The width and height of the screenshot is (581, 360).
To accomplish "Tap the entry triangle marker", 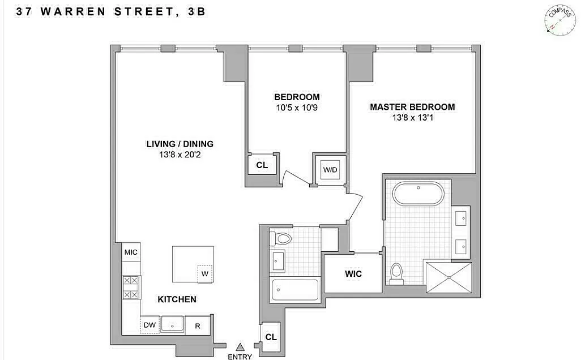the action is coord(241,347).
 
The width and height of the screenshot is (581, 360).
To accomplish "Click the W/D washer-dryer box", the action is coord(330,170).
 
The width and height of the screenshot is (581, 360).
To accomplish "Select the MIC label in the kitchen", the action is coord(131,252).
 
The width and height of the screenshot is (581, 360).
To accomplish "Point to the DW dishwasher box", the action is coord(149,325).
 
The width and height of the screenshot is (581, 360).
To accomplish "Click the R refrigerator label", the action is coord(198,326).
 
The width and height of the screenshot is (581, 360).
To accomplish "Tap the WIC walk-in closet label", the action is coord(353,274).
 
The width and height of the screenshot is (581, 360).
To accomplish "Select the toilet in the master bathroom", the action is coord(397,274).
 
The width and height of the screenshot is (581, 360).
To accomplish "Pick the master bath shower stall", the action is coord(448,277).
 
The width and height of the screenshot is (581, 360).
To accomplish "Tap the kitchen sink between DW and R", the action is coord(172,324).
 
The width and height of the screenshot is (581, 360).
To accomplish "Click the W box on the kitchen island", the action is coord(205,274).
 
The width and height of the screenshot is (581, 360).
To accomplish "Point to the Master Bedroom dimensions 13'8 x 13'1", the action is coord(412,118).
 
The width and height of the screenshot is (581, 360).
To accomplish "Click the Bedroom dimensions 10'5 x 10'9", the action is coord(297,108).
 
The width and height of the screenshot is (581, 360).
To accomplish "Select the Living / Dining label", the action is coord(180,144).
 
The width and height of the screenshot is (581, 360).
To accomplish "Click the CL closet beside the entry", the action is coord(271,337).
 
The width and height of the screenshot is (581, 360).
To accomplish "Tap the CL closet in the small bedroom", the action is coord(262,165).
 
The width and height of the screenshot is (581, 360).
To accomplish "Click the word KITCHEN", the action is coord(177,299).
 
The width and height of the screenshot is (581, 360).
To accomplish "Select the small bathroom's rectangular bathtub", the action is coord(295,290).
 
